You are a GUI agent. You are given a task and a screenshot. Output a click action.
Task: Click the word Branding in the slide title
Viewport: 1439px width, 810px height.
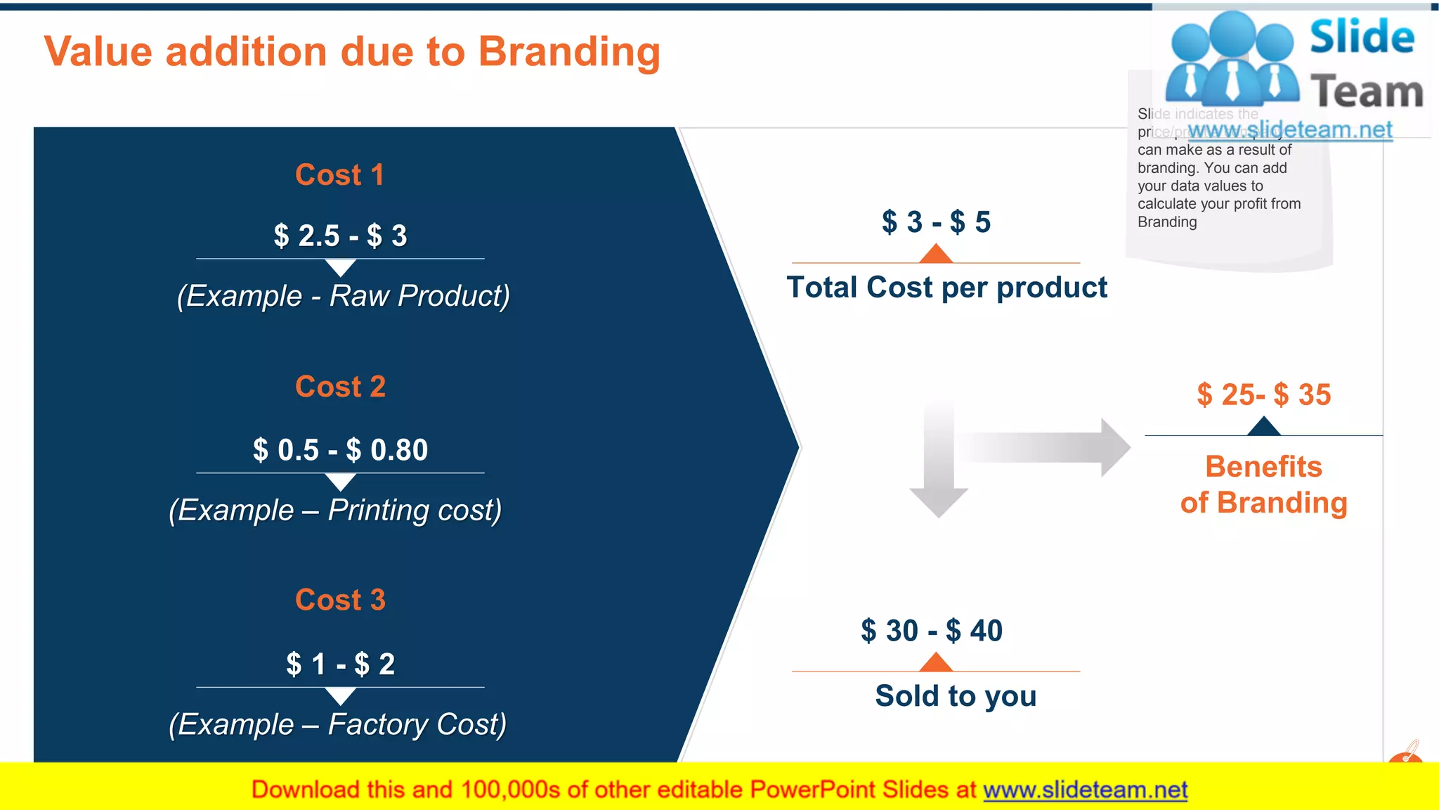569,53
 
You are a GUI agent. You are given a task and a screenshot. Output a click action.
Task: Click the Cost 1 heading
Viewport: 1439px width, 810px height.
340,175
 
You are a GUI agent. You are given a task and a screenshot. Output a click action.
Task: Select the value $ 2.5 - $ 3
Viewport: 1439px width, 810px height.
340,236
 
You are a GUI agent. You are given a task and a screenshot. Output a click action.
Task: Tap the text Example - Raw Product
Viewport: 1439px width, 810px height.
343,296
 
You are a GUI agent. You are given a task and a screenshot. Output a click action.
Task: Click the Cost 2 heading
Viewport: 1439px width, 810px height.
340,387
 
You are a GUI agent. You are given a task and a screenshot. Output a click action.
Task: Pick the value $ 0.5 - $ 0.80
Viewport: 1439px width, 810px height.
340,450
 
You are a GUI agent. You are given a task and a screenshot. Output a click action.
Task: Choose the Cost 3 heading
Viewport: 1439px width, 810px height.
340,600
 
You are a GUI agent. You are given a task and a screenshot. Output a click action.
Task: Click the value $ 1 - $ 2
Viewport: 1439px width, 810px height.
340,664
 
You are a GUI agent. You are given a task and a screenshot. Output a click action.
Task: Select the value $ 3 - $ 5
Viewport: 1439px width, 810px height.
936,222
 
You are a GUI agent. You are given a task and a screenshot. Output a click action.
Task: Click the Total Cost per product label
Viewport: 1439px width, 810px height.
946,288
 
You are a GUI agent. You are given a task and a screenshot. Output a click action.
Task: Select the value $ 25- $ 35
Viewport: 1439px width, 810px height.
1263,394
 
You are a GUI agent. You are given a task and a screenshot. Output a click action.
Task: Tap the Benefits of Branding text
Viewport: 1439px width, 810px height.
1263,485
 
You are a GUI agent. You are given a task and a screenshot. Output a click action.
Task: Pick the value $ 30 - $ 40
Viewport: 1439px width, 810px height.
932,631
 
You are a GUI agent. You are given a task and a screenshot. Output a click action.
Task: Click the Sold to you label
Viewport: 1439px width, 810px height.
956,696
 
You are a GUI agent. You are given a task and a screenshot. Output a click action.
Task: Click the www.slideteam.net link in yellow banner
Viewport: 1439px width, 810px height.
1085,790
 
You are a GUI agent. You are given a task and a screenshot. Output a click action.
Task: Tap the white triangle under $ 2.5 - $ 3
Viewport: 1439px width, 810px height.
341,267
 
